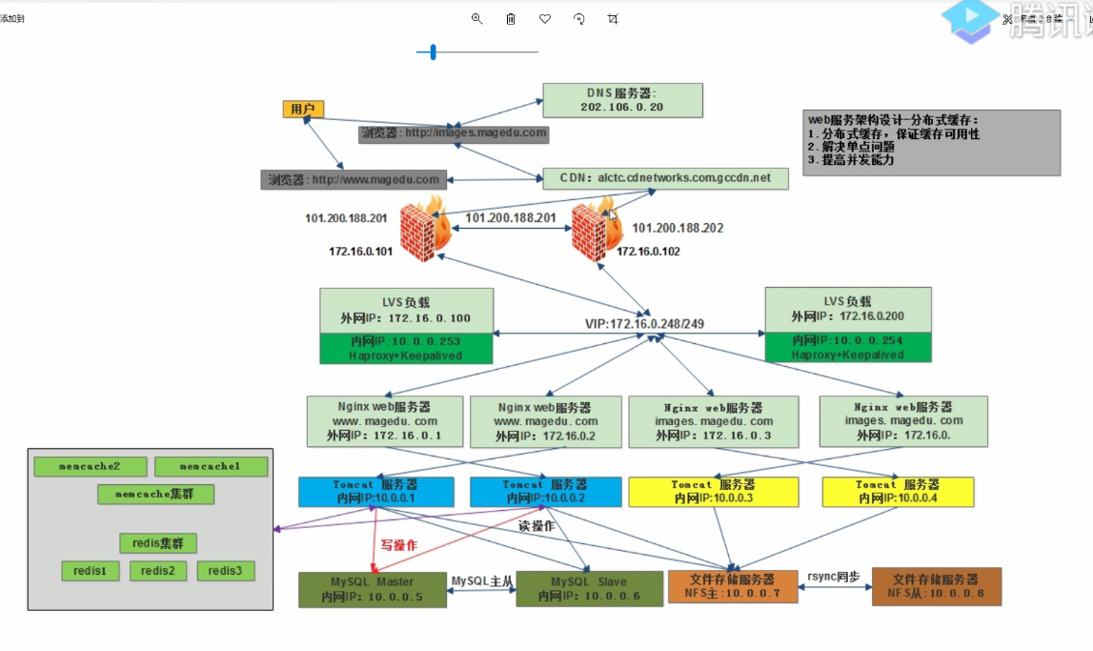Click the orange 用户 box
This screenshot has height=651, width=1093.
(x=303, y=110)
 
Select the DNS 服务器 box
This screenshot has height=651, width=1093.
(x=622, y=100)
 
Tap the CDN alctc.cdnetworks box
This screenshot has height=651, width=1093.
(x=665, y=178)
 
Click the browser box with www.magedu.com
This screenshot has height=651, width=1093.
(x=354, y=179)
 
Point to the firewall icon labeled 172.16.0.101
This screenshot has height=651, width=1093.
(x=423, y=229)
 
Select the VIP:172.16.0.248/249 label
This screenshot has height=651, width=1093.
(x=645, y=324)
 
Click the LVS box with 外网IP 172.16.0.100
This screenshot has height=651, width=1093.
(x=406, y=311)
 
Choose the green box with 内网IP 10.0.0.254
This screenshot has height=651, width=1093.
(x=847, y=348)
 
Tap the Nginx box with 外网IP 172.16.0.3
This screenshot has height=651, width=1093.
(x=714, y=421)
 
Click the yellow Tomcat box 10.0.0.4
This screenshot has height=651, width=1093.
(x=898, y=492)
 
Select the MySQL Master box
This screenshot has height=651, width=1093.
(x=372, y=589)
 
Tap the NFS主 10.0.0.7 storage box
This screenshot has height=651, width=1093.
(x=731, y=586)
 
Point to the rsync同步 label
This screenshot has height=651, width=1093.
(x=833, y=577)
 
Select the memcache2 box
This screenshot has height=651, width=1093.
(x=90, y=467)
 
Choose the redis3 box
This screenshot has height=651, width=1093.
(x=226, y=571)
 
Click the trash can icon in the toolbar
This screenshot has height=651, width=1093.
(x=511, y=19)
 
